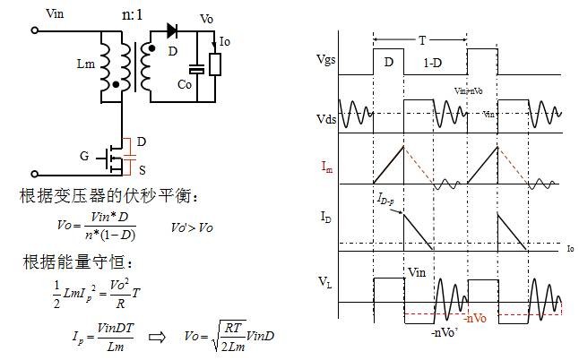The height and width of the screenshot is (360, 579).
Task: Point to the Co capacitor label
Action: [185, 83]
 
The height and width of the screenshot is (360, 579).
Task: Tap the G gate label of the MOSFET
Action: [84, 157]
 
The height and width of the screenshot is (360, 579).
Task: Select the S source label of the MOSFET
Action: [141, 170]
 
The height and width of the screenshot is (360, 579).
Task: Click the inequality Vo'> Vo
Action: [193, 228]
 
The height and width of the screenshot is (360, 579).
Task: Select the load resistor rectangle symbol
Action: [213, 64]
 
